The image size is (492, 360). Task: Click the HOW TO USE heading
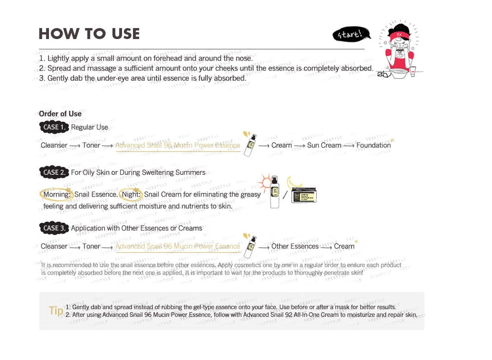[89, 34]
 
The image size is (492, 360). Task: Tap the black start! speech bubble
[351, 35]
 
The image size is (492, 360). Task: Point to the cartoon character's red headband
[399, 37]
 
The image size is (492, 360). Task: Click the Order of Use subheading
[60, 114]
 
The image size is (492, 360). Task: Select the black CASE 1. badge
[54, 127]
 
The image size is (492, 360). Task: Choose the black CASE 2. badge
[54, 172]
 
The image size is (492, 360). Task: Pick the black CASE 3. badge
[54, 228]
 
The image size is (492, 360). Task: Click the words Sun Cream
[324, 145]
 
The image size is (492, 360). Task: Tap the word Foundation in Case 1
[373, 145]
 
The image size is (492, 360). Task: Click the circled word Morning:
[57, 195]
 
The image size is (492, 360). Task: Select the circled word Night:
[131, 195]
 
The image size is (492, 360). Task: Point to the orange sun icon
[266, 184]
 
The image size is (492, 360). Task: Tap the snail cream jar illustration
[304, 195]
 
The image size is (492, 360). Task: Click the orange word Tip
[56, 311]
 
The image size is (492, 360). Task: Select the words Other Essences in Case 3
[295, 246]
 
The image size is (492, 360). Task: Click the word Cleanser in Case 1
[54, 145]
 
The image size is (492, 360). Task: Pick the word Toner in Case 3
[91, 246]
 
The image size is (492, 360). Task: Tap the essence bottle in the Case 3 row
[250, 245]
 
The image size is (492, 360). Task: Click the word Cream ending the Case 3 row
[344, 246]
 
